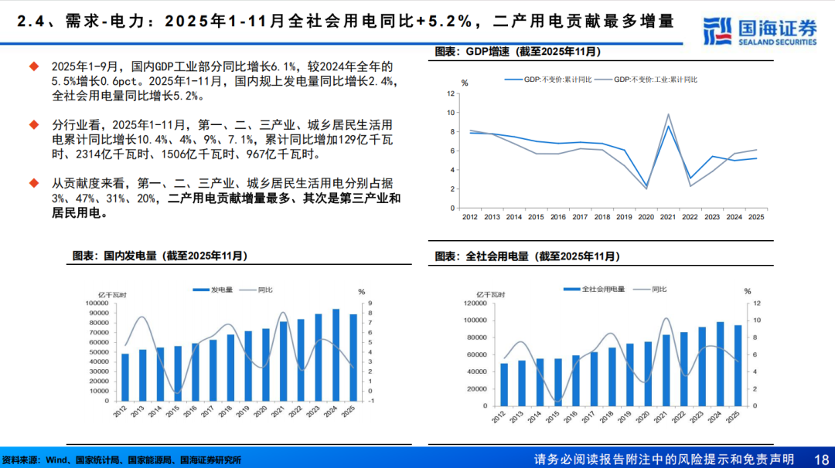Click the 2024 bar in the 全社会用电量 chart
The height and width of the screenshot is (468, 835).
(720, 364)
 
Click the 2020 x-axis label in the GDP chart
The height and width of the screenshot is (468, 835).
(646, 218)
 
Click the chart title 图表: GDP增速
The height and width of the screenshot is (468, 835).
(517, 52)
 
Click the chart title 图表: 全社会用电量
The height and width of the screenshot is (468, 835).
(527, 256)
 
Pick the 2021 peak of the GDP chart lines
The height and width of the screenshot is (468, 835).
(668, 116)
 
